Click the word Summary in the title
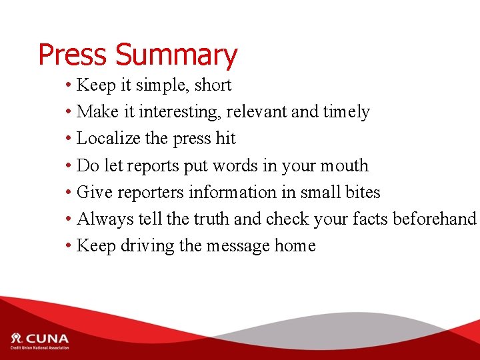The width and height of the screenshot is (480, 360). click(x=176, y=55)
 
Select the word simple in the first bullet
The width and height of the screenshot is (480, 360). click(x=157, y=85)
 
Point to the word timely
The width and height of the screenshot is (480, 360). click(x=346, y=112)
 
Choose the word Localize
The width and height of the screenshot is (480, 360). click(x=109, y=139)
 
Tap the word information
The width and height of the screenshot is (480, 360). click(x=233, y=192)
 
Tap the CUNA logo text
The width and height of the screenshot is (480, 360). click(x=47, y=337)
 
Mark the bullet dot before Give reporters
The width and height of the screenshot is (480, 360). click(x=69, y=193)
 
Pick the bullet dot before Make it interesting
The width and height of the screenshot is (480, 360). click(x=69, y=113)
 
